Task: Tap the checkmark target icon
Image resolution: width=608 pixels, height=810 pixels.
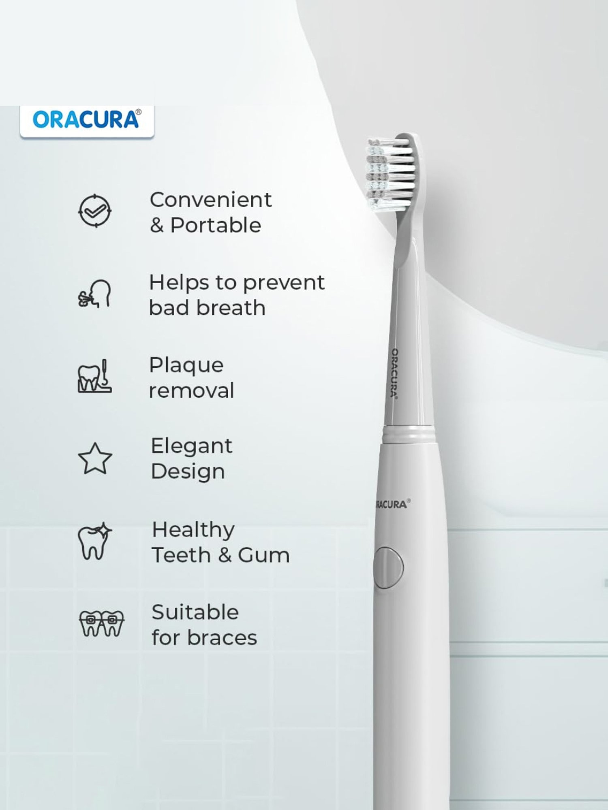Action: [94, 211]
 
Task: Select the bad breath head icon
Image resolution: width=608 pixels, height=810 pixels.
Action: [94, 294]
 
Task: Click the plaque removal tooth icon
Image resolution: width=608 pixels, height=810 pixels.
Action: [94, 377]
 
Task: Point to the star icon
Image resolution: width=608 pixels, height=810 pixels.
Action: [95, 459]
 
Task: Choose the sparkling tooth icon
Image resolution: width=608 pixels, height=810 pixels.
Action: [94, 541]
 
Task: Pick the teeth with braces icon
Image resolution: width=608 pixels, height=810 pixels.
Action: [101, 624]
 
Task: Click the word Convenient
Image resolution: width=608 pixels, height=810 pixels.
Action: [210, 200]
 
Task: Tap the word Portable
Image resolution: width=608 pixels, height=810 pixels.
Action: [216, 226]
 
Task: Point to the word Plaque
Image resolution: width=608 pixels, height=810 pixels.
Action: [186, 365]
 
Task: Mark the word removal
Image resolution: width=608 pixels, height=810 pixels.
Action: [191, 391]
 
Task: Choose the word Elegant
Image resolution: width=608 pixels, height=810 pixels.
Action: [191, 446]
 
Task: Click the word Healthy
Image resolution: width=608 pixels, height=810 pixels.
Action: [193, 530]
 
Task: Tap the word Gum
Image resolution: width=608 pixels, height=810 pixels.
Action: [263, 555]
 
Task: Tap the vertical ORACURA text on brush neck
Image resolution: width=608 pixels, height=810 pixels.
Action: [394, 373]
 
